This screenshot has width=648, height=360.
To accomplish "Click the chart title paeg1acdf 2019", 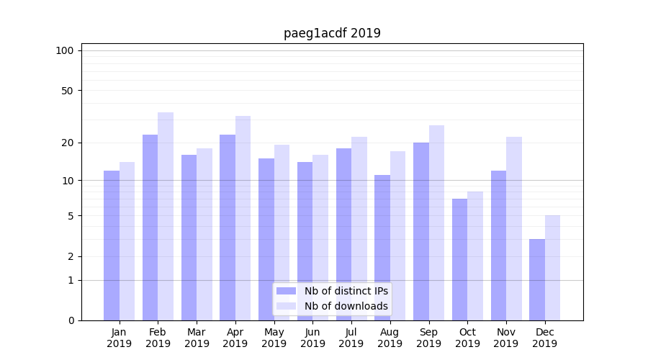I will (332, 33).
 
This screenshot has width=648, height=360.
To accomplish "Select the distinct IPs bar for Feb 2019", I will (150, 228).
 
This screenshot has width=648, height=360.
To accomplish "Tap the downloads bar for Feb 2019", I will (166, 216).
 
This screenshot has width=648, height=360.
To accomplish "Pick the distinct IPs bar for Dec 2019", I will (537, 279).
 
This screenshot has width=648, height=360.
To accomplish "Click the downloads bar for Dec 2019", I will (552, 268).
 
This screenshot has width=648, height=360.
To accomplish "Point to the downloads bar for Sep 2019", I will (436, 222).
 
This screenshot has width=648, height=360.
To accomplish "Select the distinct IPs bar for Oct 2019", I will (459, 259).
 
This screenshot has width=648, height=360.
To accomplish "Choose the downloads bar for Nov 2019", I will (514, 228).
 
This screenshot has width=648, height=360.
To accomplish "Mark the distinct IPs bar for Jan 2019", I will (112, 246).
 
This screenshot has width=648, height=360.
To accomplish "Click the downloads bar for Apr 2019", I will (243, 218).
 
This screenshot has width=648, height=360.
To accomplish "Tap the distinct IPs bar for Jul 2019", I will (343, 234).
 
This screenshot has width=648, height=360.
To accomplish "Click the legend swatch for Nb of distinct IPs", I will (287, 291).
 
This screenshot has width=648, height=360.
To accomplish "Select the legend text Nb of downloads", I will (346, 306).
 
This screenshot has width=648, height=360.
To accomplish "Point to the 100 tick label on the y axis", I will (65, 50).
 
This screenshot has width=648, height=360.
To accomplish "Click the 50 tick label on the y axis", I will (68, 91).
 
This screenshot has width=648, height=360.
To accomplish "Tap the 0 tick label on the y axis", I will (71, 320).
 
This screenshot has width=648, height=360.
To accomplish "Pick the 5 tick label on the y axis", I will (71, 216).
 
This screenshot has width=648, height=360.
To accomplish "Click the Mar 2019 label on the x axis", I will (197, 338).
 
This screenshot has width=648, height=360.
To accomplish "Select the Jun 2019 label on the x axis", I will (312, 338).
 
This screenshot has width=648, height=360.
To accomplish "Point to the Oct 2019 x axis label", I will (467, 338).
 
